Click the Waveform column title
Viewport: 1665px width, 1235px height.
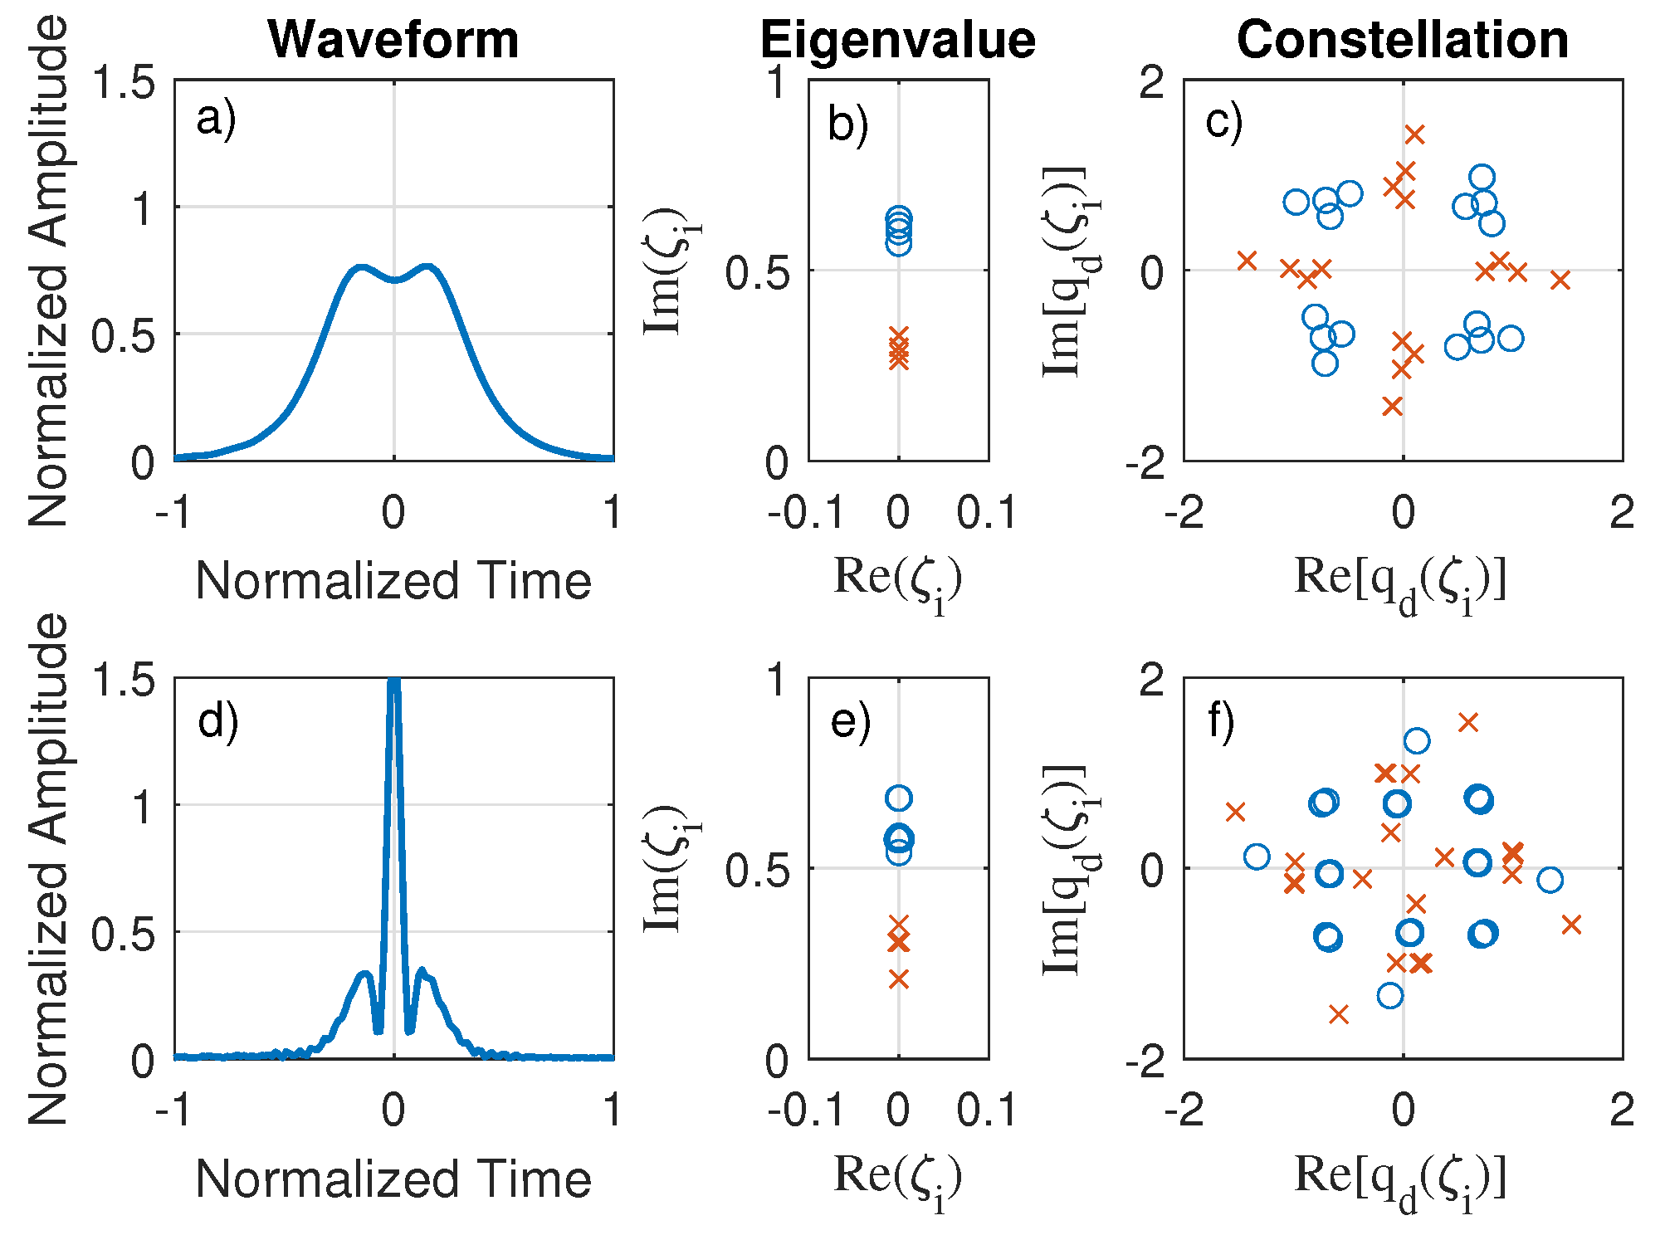393,39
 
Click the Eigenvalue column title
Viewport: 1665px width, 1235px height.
897,39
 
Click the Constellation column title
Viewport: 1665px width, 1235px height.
1402,39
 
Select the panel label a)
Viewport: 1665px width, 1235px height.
216,120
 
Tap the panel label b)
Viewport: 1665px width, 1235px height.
847,124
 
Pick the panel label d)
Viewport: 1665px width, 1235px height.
217,720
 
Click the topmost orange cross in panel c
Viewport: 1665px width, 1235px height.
1414,134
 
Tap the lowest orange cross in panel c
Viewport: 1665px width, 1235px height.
1392,406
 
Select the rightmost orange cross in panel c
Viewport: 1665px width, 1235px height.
1560,281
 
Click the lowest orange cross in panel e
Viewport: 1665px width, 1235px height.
898,979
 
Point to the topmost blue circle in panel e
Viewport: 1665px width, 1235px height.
898,798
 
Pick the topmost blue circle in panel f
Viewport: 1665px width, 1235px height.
1416,740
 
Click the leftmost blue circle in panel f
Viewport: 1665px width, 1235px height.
1257,857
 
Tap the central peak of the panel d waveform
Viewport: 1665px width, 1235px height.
394,684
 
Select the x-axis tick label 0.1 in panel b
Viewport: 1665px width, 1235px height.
986,512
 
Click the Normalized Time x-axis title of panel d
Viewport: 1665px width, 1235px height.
393,1179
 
